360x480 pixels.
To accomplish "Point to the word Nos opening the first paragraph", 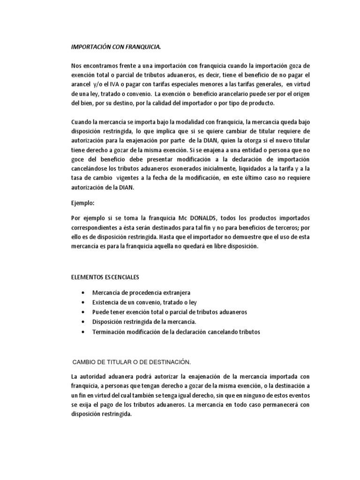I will pos(75,67).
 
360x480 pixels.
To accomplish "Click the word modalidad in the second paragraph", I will pos(175,123).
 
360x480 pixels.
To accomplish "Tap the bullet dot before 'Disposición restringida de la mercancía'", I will pos(82,322).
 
